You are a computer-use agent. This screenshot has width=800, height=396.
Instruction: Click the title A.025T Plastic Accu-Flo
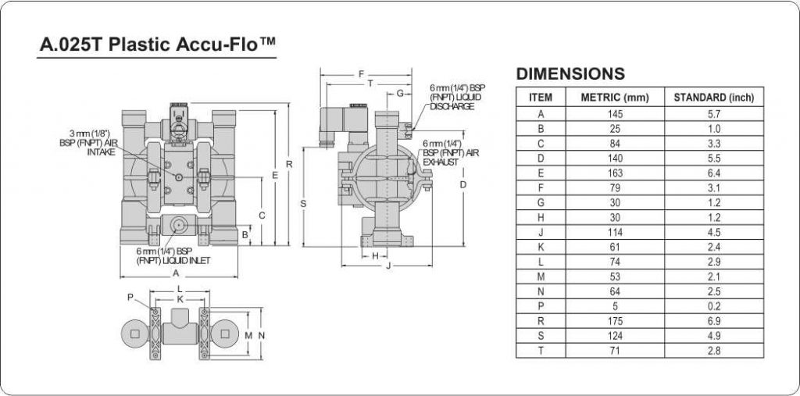tap(158, 45)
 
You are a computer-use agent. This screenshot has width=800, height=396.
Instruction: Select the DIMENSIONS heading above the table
tap(570, 74)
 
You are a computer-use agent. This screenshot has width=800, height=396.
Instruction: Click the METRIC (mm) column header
tap(615, 98)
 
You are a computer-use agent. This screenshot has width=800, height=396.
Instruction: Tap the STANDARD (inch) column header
tap(714, 98)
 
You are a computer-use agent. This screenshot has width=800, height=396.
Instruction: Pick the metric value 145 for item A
tap(615, 114)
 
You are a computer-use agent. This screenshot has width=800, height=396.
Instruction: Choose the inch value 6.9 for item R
tap(714, 322)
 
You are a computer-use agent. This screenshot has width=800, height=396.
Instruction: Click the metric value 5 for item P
tap(615, 306)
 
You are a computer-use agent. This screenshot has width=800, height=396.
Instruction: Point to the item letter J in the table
tap(541, 233)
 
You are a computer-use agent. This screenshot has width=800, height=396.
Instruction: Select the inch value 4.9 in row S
tap(714, 336)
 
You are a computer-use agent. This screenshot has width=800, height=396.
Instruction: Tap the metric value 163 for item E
tap(615, 173)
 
